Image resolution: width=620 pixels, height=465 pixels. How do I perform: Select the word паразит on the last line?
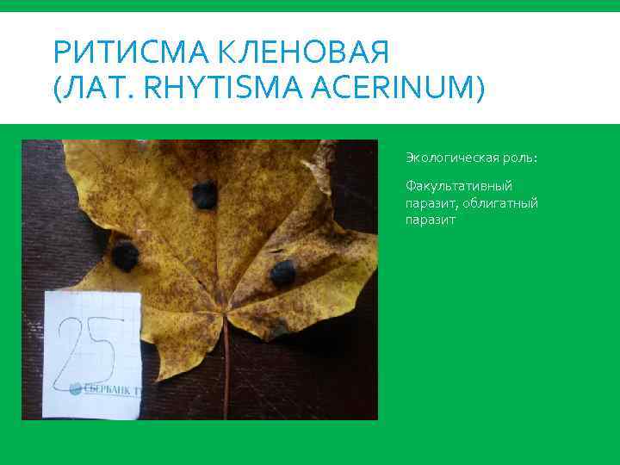[x=431, y=220]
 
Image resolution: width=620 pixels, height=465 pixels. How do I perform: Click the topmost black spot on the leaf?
[x=205, y=195]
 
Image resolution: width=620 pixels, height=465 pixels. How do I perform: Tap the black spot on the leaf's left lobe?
[x=126, y=255]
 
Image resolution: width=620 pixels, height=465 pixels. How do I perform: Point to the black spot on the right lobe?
[x=282, y=274]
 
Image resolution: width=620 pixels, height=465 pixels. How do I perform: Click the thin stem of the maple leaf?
[x=226, y=370]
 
